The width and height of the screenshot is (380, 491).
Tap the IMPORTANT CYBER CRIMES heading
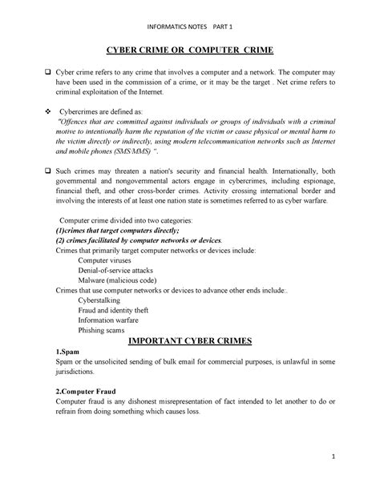tap(190, 340)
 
